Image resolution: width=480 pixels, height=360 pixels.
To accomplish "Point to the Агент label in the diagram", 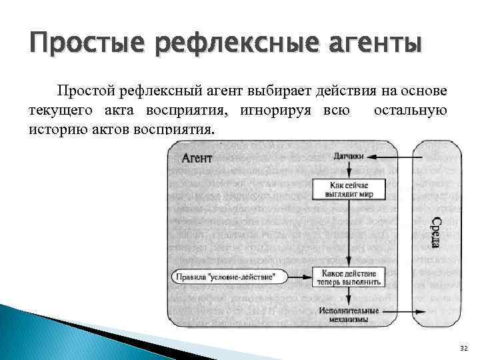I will coord(197,157).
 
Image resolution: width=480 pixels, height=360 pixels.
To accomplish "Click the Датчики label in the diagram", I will coord(348,157).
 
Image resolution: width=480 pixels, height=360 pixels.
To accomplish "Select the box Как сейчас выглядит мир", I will coord(349,189).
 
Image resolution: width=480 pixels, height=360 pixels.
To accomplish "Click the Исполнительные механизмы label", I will coord(349,315).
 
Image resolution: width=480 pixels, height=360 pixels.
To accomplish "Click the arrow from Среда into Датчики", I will coord(390,157).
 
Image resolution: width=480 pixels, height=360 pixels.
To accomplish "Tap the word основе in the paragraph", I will coord(424,91).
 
